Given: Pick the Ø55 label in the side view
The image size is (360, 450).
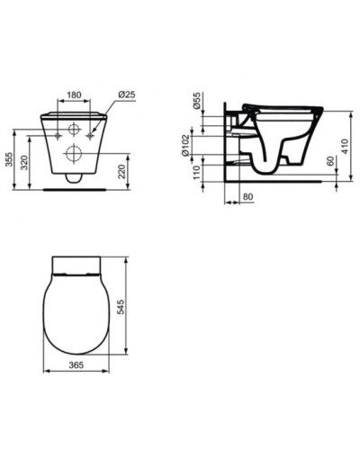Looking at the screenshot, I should (x=197, y=102).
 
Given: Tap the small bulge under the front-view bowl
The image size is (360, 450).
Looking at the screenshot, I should (x=75, y=179).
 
